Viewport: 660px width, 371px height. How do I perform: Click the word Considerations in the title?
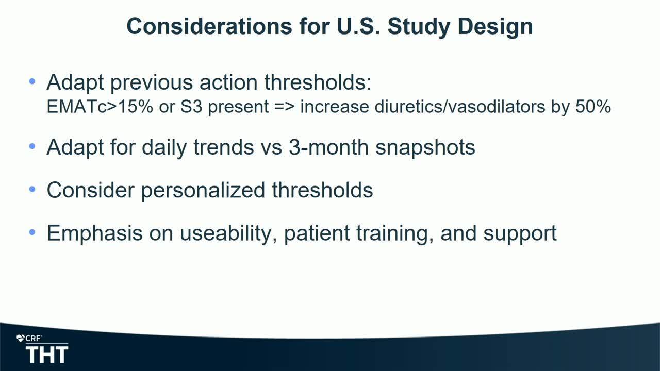[209, 26]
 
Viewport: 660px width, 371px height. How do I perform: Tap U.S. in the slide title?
[358, 26]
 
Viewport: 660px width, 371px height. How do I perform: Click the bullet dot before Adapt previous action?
[32, 81]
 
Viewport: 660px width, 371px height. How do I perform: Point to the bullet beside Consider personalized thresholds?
[32, 189]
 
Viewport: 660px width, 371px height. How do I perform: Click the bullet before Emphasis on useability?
[32, 232]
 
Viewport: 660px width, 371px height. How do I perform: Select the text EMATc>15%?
[100, 106]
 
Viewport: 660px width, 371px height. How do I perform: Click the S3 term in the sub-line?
[191, 106]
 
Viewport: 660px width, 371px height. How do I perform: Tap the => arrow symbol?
[284, 107]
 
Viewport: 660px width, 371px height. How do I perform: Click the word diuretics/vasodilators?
[459, 106]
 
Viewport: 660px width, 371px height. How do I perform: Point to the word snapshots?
[425, 148]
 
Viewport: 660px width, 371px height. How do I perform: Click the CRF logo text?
[33, 339]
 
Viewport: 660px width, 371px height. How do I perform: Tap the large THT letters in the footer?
[47, 355]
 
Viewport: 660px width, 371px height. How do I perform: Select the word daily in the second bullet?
[164, 148]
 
